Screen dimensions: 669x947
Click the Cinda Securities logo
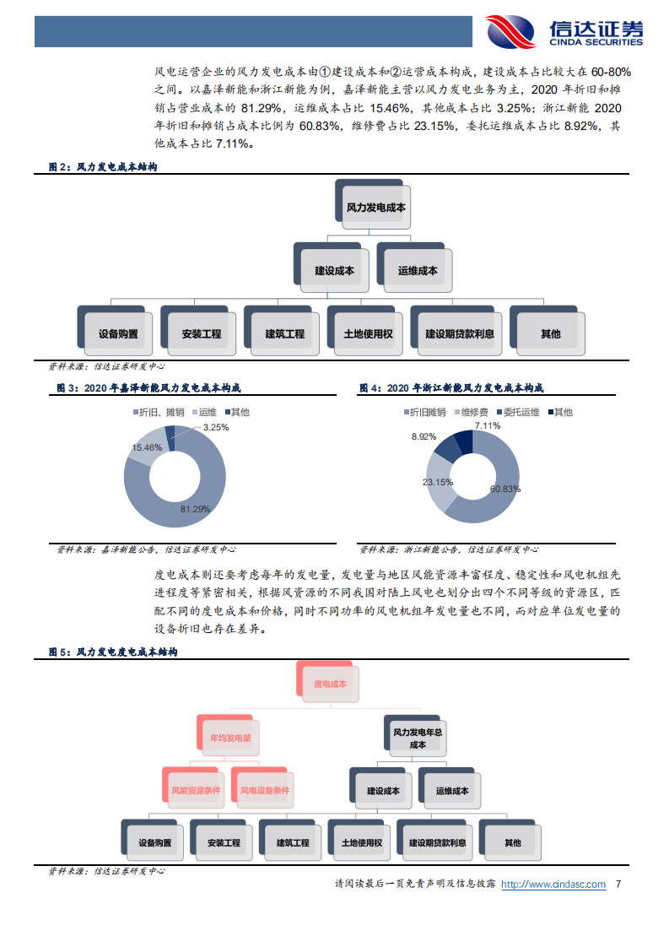point(564,31)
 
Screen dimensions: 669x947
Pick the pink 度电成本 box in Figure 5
point(328,681)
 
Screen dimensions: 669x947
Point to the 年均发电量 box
point(228,735)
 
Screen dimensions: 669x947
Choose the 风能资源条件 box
point(193,787)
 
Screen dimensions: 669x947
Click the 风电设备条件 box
point(262,787)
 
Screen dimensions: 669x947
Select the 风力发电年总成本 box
point(415,736)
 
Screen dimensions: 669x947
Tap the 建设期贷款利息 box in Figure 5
point(434,840)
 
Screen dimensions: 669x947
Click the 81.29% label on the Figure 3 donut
point(195,509)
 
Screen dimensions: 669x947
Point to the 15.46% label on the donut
point(147,447)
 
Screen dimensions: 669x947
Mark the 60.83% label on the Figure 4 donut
point(505,489)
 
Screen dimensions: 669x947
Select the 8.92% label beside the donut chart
point(424,436)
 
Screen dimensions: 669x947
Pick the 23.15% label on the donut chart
point(438,482)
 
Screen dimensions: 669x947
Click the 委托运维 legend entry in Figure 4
point(518,412)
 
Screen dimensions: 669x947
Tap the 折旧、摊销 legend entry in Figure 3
point(159,412)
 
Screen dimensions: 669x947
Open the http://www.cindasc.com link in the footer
point(553,885)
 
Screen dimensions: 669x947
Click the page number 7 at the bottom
point(618,885)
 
